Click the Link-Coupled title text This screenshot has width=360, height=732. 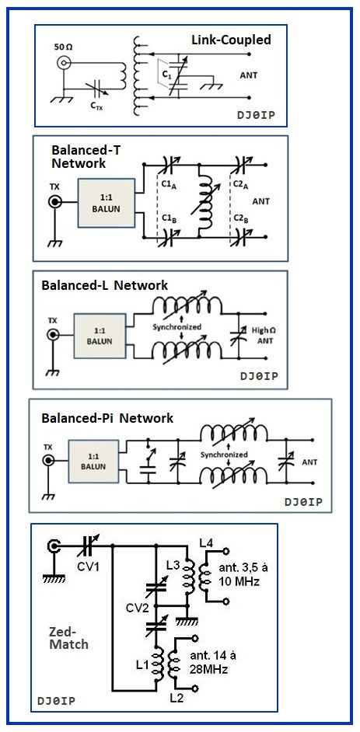[231, 40]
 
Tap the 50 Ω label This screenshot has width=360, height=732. [65, 47]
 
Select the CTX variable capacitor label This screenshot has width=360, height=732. [96, 106]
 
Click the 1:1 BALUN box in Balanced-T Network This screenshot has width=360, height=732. [107, 203]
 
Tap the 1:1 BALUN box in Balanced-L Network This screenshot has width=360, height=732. [100, 335]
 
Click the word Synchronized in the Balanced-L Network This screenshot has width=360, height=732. [177, 327]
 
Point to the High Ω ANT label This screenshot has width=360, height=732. [264, 335]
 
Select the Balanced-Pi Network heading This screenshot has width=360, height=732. [107, 418]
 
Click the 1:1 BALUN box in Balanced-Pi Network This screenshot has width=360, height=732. [96, 462]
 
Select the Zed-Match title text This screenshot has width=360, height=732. [68, 638]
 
